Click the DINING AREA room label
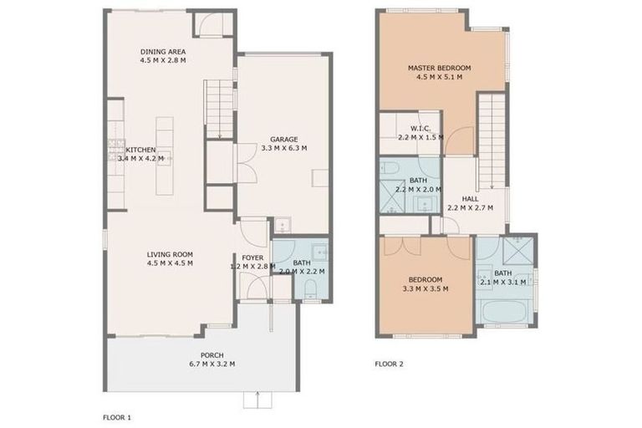[x=162, y=51]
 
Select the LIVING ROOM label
[x=170, y=255]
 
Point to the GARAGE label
[x=283, y=140]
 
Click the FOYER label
[x=252, y=257]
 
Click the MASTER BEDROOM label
[x=439, y=67]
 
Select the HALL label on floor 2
[x=470, y=199]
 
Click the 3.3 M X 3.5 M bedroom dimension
[x=425, y=288]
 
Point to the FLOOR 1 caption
[x=117, y=415]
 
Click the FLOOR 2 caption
[x=390, y=364]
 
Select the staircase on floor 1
[x=219, y=109]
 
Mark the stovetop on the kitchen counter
[x=111, y=151]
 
